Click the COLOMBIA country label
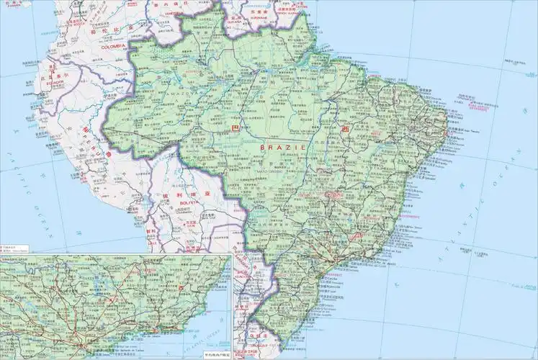113,46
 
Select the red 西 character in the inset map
183,287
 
